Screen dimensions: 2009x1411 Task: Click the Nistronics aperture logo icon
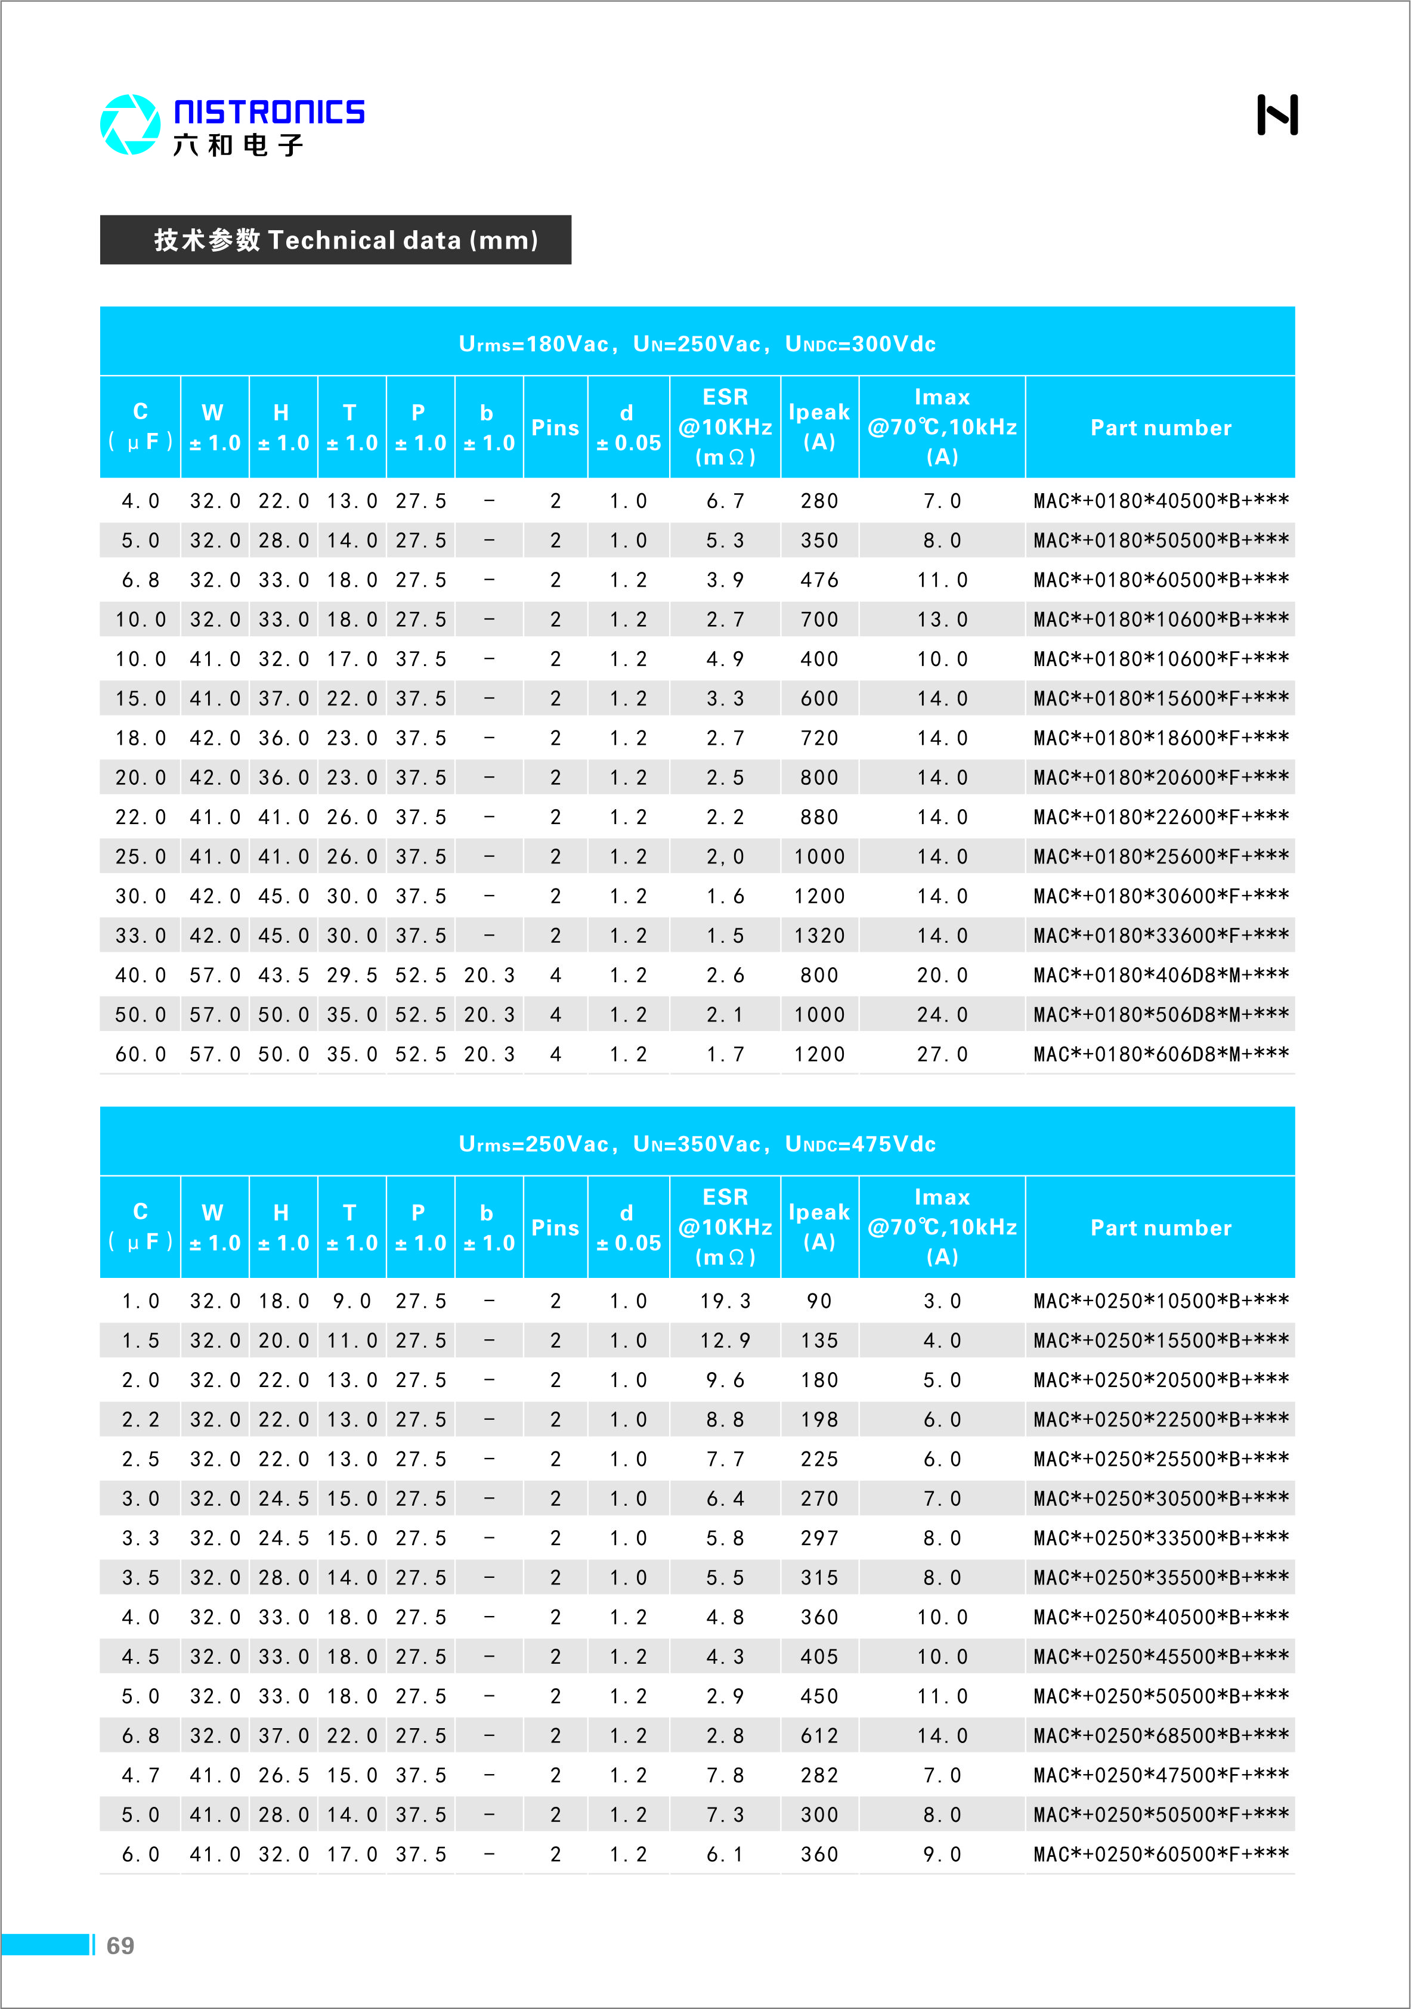click(129, 124)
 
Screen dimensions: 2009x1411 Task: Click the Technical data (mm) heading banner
click(335, 240)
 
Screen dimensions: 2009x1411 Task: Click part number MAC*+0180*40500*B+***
click(1161, 502)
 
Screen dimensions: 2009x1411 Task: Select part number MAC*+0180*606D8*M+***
click(1161, 1054)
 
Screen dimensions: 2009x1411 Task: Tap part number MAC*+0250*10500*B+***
click(1161, 1301)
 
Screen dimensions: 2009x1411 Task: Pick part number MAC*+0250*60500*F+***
click(1161, 1854)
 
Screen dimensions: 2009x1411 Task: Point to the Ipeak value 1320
click(819, 936)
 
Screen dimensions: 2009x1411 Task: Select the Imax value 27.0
click(942, 1054)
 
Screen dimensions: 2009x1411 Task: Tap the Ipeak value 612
click(819, 1736)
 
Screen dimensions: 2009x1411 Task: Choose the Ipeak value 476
click(819, 580)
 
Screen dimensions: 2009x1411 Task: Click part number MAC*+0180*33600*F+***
click(1161, 936)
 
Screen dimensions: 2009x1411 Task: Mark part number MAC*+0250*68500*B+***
click(1161, 1736)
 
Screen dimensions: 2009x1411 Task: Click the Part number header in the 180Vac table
click(1161, 428)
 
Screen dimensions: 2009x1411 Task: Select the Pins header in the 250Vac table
click(555, 1228)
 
